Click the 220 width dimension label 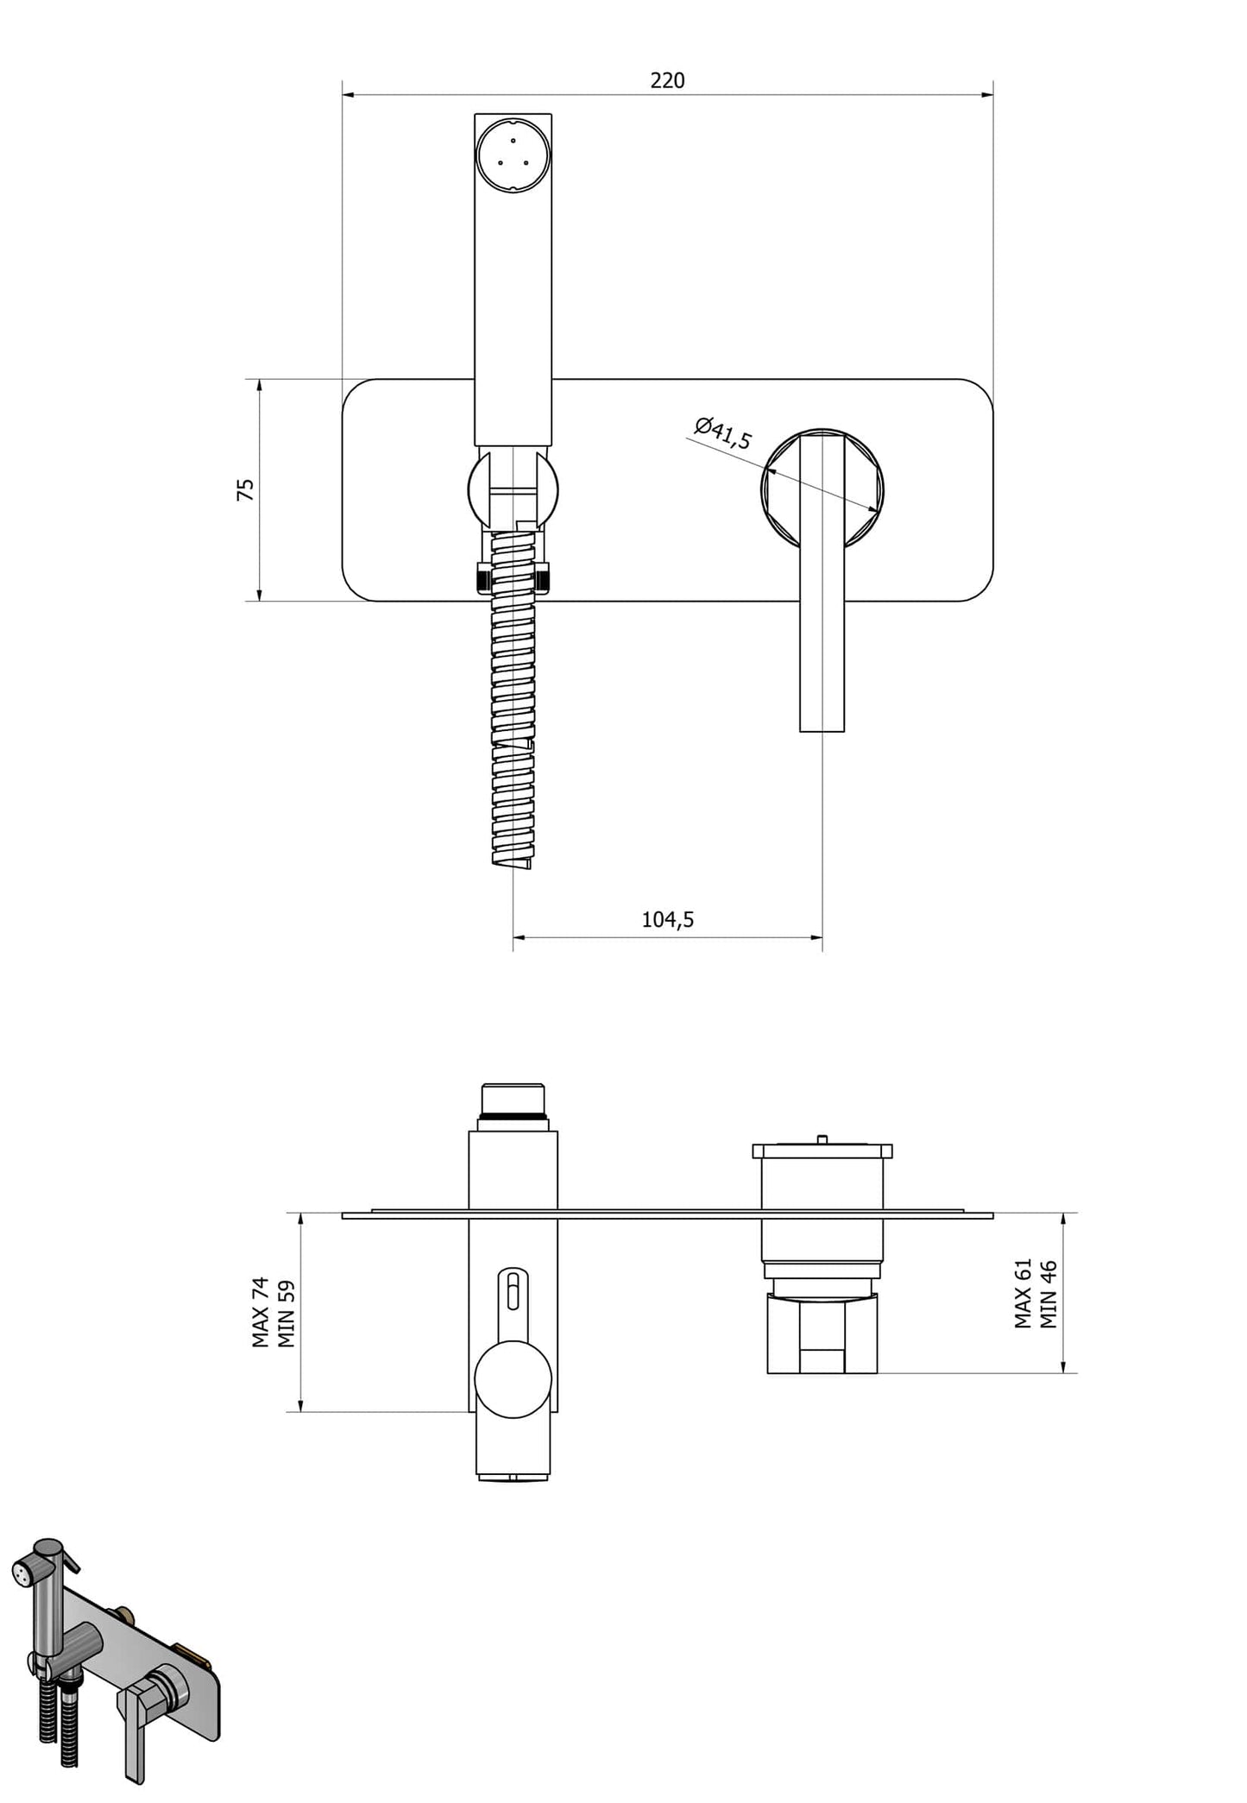(x=667, y=80)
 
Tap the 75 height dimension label (x=246, y=489)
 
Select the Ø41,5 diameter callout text (x=723, y=433)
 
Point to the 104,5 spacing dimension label (x=667, y=919)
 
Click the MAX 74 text (x=261, y=1312)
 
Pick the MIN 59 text (x=287, y=1313)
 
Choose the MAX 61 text (x=1023, y=1293)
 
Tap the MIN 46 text (x=1049, y=1294)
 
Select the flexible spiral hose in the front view (x=513, y=699)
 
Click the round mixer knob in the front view (x=822, y=489)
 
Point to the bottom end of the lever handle (x=822, y=731)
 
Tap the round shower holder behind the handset (x=513, y=489)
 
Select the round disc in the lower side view (x=513, y=1379)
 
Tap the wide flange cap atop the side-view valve (x=822, y=1151)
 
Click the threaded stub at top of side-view (x=513, y=1100)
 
